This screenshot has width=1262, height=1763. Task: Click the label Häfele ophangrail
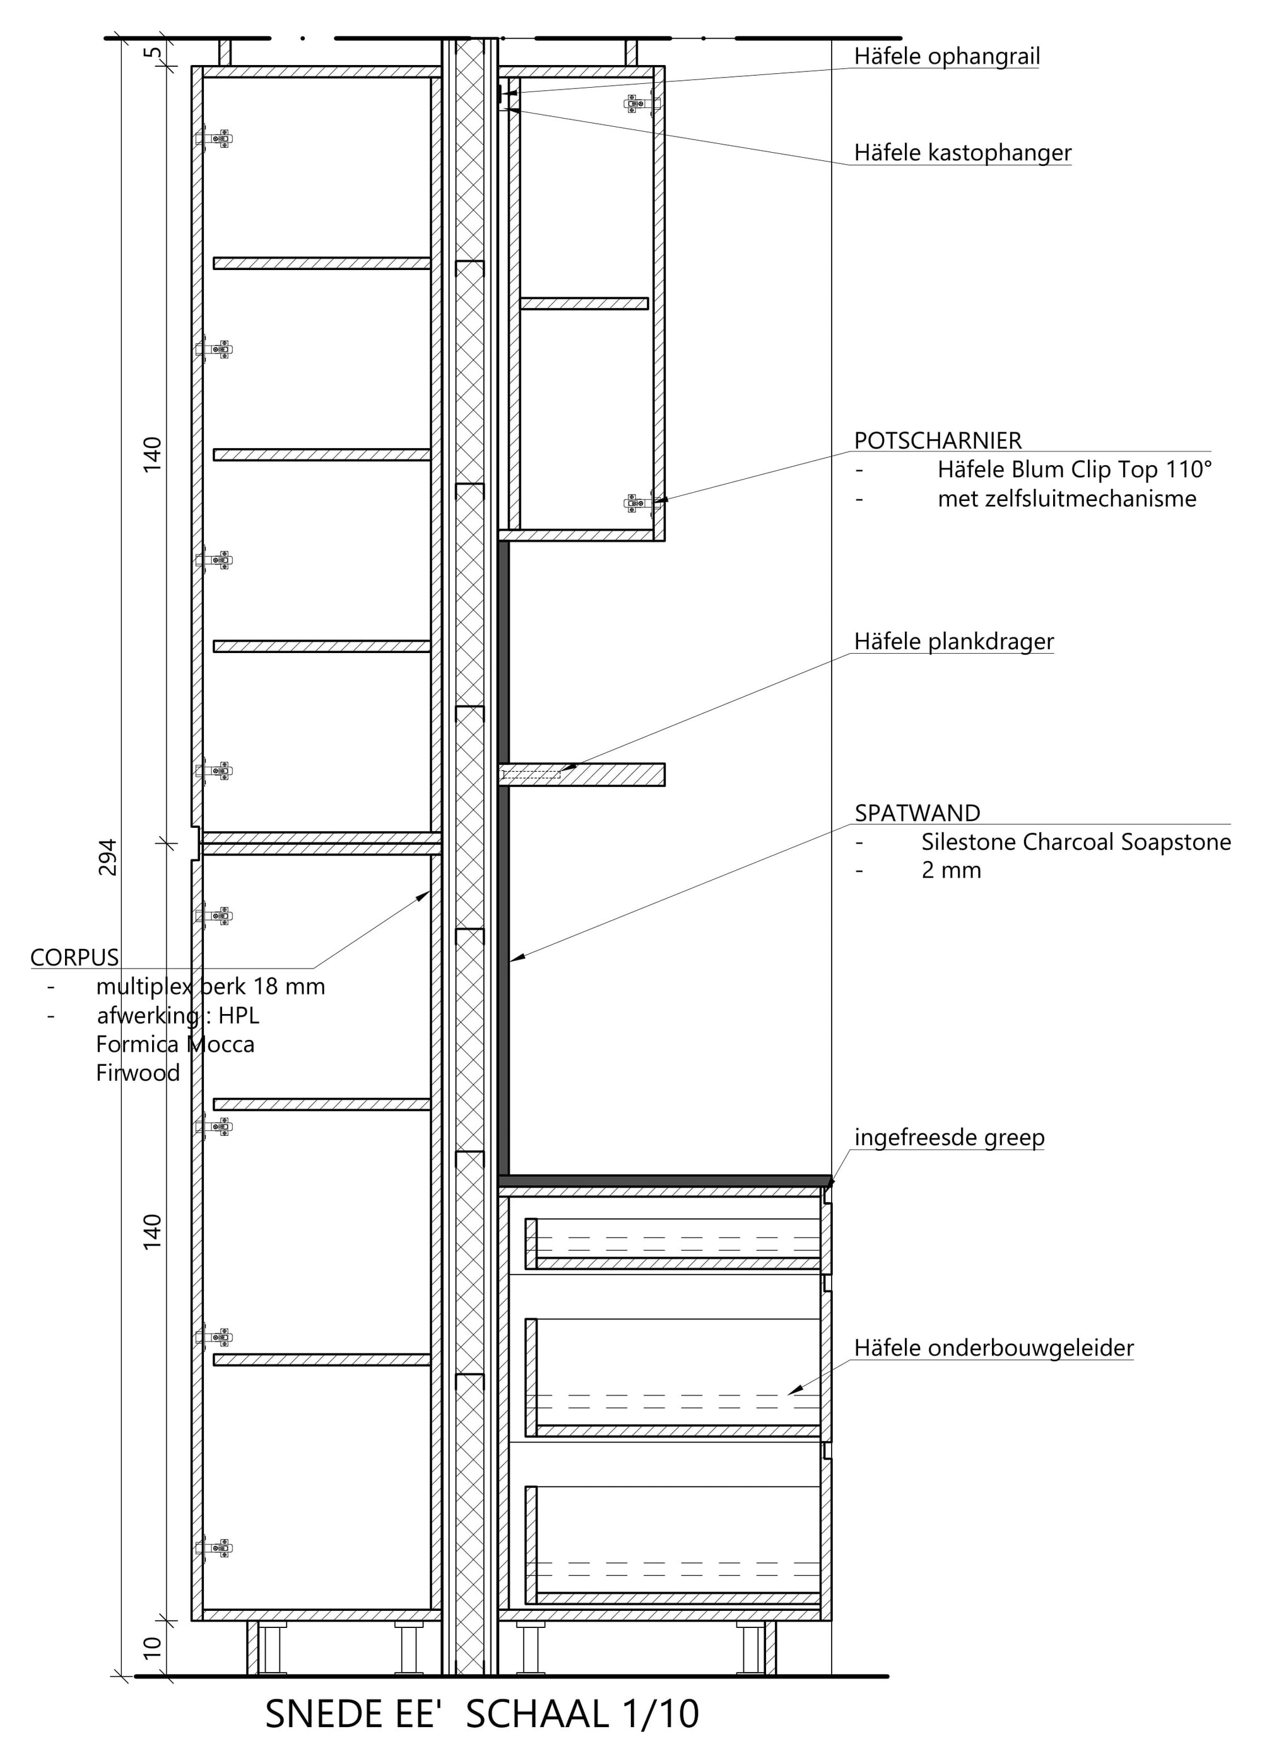[946, 56]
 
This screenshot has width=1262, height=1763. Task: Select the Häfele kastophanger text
[963, 152]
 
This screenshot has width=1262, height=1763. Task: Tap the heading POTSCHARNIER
[938, 440]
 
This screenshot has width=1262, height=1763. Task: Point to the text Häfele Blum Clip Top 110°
[1075, 469]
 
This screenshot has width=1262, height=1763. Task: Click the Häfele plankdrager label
[954, 641]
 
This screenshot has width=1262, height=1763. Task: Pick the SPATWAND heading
[917, 813]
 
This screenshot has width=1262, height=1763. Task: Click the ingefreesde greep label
[950, 1137]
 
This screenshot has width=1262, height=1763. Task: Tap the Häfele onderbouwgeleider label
[994, 1347]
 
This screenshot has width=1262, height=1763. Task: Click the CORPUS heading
[74, 957]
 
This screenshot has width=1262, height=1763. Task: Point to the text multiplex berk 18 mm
[211, 986]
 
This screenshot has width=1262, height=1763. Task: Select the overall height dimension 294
[107, 857]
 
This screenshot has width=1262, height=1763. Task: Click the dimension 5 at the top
[154, 53]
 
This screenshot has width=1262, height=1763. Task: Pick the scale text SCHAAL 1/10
[583, 1714]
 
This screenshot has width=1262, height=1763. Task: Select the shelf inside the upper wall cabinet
[584, 303]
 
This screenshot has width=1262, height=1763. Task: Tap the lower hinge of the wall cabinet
[642, 503]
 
